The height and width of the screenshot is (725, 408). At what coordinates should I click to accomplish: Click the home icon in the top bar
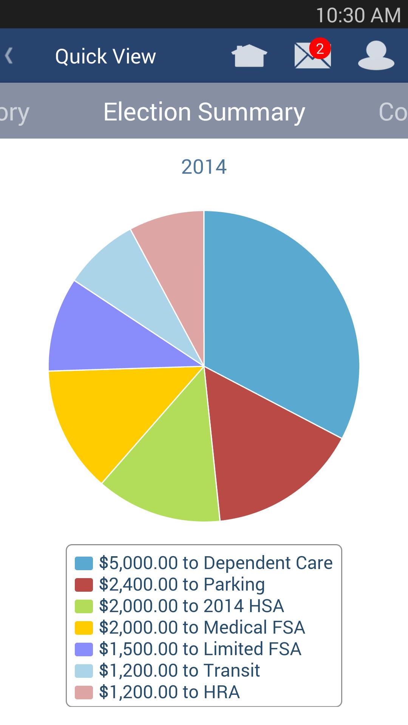249,56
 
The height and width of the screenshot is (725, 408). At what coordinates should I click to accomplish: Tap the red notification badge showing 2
320,48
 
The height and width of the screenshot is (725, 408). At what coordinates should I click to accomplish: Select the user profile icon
376,56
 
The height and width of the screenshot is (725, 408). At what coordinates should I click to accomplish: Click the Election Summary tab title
204,112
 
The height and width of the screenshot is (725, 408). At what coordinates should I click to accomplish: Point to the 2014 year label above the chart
204,167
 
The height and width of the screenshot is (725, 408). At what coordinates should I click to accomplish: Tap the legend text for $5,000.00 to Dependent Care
216,563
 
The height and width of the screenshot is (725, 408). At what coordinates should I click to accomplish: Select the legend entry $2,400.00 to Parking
182,585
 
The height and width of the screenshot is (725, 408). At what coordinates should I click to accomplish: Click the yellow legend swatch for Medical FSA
84,628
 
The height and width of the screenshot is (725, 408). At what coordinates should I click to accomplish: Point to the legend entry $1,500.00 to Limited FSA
200,649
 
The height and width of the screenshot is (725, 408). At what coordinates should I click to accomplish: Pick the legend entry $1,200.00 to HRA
169,692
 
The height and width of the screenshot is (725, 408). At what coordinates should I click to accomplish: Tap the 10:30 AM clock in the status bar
358,15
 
